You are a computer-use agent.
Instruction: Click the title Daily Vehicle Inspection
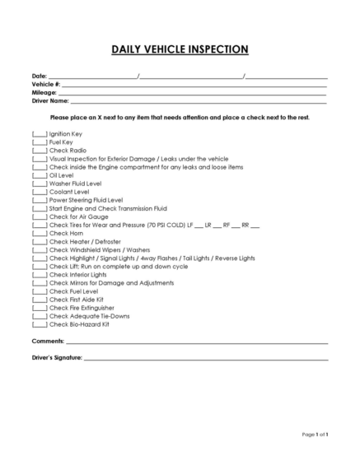(180, 49)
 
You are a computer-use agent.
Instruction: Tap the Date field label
(40, 77)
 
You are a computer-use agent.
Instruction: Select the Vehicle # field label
(46, 85)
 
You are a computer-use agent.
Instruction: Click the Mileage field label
(44, 93)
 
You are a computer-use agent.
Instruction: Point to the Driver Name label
(50, 101)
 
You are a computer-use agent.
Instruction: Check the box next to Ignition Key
(40, 133)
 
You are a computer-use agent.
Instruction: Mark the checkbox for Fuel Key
(40, 142)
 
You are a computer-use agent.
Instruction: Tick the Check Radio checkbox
(40, 150)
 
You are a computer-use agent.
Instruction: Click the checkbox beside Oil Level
(40, 174)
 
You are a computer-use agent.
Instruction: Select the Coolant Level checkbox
(40, 191)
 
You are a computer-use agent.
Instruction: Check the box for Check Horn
(40, 233)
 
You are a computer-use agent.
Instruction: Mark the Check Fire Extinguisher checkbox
(40, 307)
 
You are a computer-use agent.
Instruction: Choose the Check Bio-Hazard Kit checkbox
(40, 323)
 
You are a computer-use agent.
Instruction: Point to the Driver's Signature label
(57, 358)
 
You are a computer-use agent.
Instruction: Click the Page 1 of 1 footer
(316, 434)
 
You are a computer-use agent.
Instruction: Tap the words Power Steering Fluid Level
(86, 199)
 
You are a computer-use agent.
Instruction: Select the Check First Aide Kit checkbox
(40, 299)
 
